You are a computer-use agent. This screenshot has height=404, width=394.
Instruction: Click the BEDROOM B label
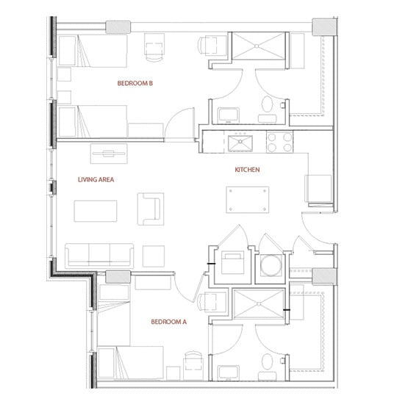[x=135, y=84]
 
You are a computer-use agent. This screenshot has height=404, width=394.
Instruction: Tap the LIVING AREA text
[x=96, y=179]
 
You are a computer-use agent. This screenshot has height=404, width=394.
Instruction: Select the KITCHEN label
[x=248, y=170]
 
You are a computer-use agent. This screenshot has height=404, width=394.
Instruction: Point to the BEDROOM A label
[x=169, y=322]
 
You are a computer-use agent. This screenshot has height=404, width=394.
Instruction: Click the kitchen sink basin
[x=239, y=141]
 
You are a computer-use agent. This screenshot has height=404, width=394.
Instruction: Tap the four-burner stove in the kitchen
[x=280, y=141]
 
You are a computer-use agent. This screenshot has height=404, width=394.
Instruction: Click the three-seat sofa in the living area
[x=100, y=254]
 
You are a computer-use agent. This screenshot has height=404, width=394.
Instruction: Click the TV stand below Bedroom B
[x=109, y=153]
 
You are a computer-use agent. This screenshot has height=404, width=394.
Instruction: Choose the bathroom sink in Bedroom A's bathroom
[x=228, y=367]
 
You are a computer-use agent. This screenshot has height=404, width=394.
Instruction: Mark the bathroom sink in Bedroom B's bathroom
[x=228, y=113]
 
